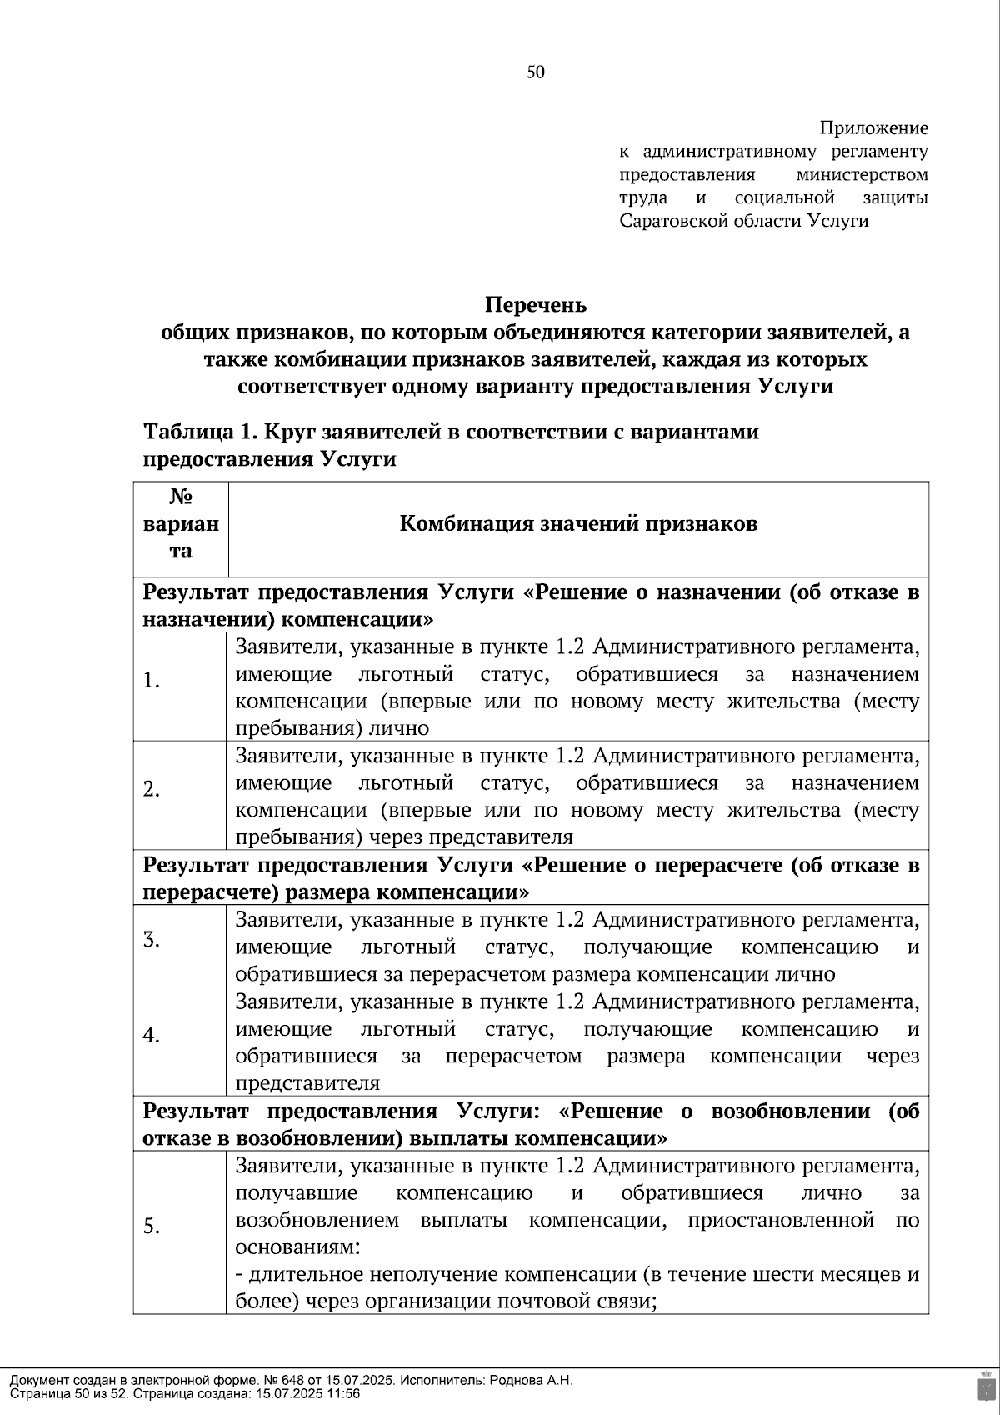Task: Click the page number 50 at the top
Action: tap(536, 72)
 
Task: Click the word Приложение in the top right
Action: tap(873, 128)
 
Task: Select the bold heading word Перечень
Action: tap(536, 304)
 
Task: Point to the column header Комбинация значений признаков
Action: tap(578, 524)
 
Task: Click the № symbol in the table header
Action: tap(181, 497)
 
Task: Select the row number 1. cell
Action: tap(152, 682)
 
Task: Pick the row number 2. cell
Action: tap(152, 789)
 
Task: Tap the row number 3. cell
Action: tap(152, 940)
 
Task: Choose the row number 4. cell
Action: tap(152, 1036)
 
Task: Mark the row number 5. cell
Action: tap(152, 1227)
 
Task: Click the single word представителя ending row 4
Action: tap(307, 1083)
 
